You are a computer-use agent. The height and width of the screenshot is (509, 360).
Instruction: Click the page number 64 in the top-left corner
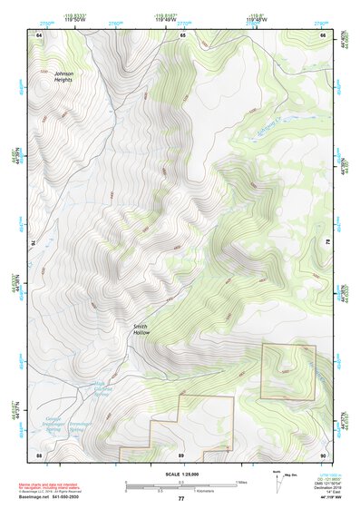39,34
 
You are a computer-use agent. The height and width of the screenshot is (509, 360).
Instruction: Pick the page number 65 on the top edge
181,34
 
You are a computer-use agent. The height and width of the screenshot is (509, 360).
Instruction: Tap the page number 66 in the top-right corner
322,34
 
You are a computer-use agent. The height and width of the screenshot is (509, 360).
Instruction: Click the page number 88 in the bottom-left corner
39,454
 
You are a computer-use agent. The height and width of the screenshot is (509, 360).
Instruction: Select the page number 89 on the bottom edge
181,454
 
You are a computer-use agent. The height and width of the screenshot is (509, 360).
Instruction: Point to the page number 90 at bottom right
322,454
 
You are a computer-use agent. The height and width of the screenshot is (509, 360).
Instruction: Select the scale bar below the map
180,485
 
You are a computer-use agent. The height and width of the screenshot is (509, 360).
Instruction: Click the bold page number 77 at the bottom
180,499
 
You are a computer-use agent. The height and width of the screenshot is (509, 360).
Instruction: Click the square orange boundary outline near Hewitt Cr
288,371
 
